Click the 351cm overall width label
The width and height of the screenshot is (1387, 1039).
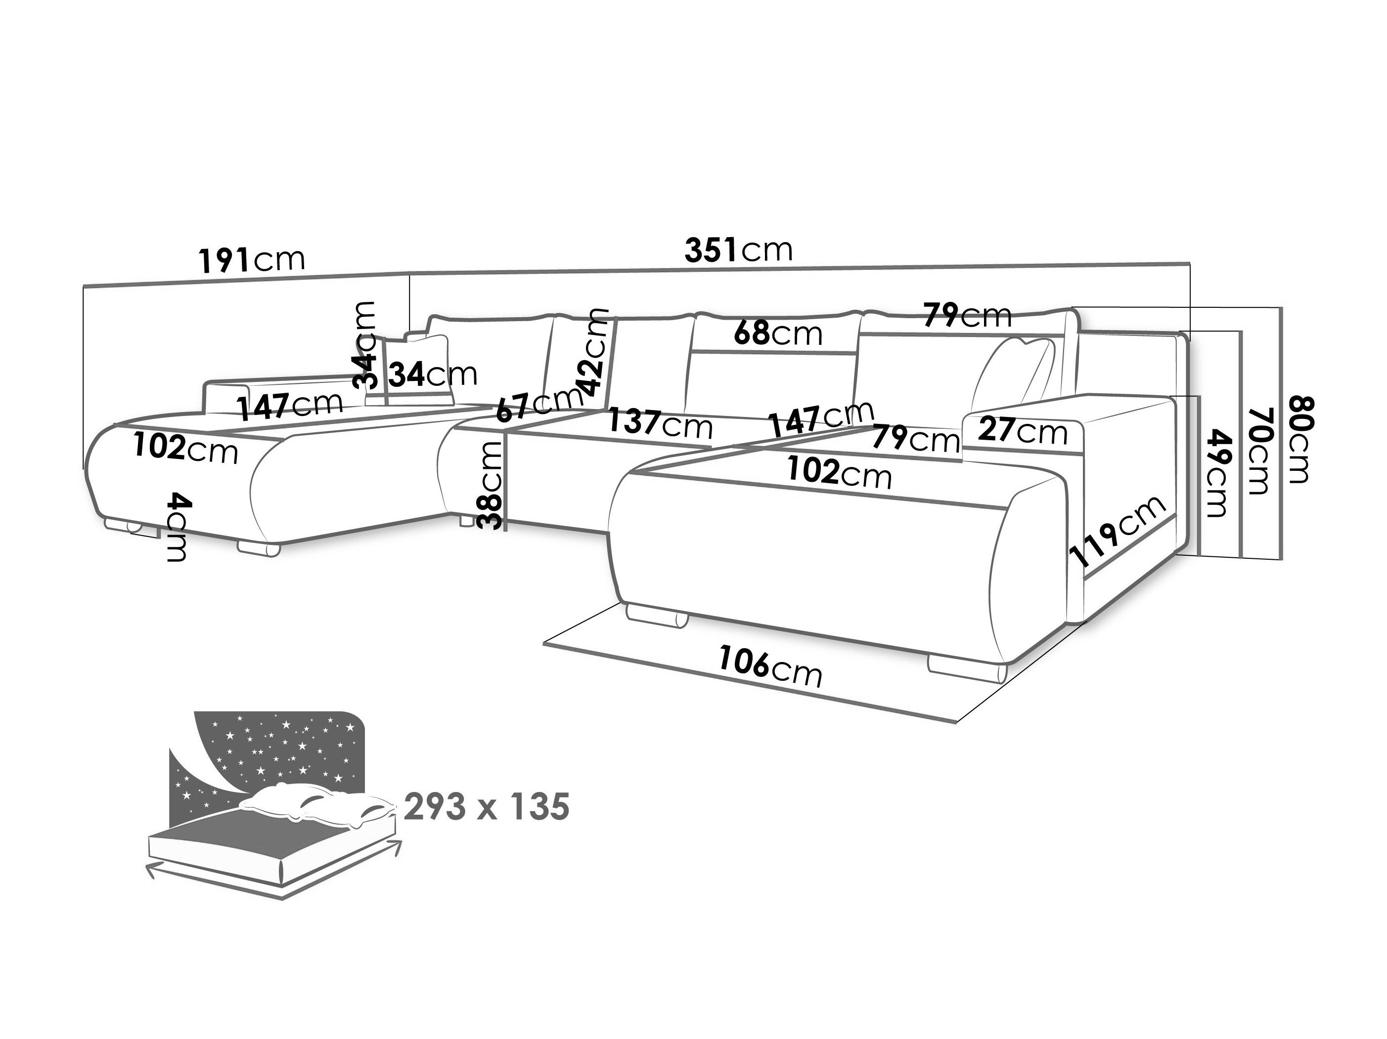point(739,249)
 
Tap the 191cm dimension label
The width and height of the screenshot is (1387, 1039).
point(252,259)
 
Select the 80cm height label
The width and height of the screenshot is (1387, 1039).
point(1296,439)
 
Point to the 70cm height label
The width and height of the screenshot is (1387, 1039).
point(1258,450)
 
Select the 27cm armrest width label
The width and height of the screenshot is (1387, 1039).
point(1023,431)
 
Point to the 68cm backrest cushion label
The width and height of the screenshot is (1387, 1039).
point(777,333)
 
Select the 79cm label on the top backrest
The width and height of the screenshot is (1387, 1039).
point(968,315)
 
